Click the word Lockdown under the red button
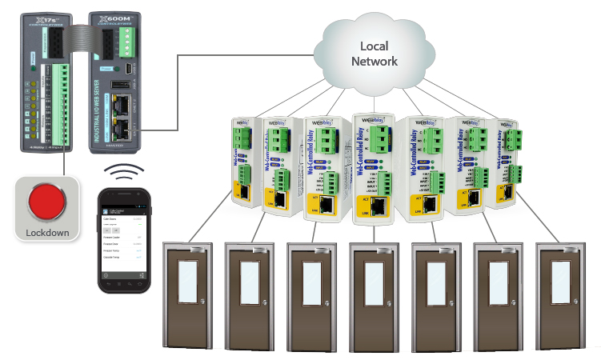coord(47,234)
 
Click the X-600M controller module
coord(116,80)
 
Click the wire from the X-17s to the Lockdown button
coord(62,163)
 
